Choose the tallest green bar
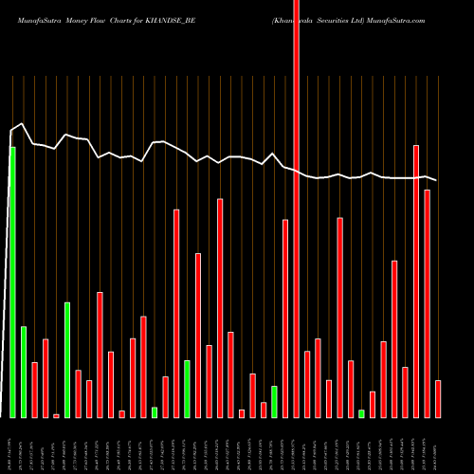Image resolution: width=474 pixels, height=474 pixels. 12,283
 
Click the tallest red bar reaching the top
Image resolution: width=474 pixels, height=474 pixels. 297,209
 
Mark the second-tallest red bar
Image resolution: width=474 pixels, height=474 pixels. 416,282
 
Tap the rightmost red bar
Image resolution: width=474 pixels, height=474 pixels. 438,398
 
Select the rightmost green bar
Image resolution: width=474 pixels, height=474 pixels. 361,413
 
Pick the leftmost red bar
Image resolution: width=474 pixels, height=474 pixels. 34,390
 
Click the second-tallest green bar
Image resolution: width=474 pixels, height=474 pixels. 67,360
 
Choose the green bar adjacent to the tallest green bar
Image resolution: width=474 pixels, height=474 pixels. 24,372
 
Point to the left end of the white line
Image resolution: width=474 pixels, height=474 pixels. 10,131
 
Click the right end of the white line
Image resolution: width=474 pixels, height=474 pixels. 436,180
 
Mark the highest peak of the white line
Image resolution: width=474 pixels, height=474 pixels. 22,124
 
